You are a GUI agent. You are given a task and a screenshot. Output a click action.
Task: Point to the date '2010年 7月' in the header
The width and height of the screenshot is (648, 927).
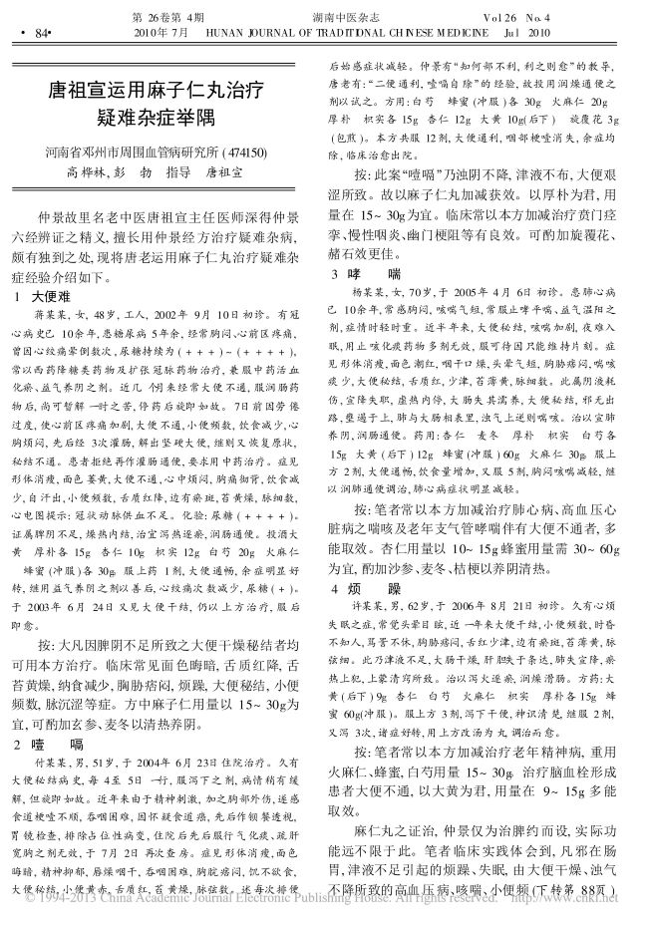[x=161, y=32]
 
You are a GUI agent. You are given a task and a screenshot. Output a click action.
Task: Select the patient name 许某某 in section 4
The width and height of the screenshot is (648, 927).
[x=371, y=607]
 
